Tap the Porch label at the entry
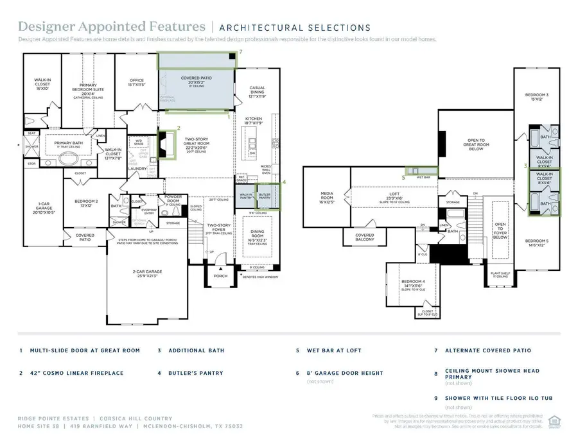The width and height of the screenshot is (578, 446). click(220, 277)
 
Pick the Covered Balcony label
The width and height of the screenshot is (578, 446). click(365, 237)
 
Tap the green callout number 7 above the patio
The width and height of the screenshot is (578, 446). click(240, 51)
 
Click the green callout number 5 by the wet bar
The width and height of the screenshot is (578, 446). click(404, 177)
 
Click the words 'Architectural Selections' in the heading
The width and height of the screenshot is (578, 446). click(294, 28)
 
